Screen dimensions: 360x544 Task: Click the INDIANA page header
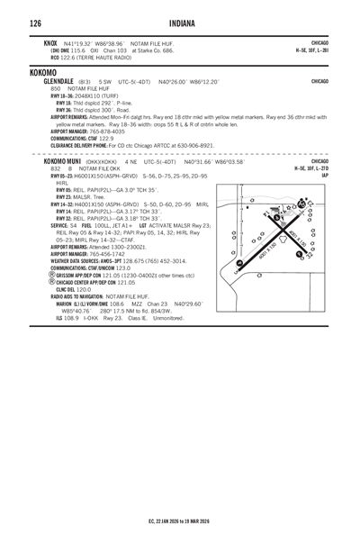pyautogui.click(x=180, y=22)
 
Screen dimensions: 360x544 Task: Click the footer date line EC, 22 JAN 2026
pyautogui.click(x=180, y=521)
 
